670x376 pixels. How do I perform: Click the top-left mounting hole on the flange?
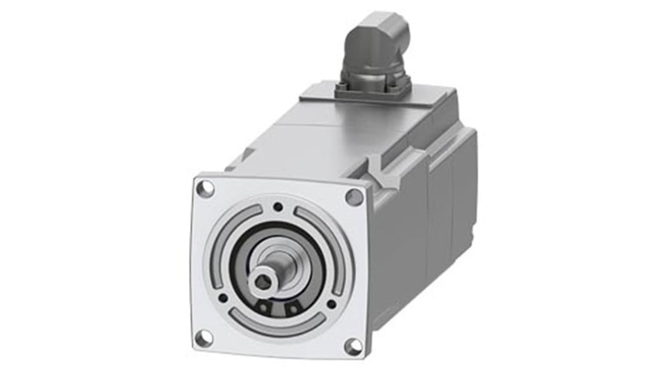point(205,189)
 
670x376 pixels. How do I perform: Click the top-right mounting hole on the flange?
point(354,197)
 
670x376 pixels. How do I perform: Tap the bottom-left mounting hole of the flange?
point(204,338)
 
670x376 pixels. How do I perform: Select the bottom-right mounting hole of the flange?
point(353,347)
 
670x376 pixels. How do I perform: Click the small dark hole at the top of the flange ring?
point(278,206)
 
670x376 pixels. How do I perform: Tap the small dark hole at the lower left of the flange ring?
point(223,297)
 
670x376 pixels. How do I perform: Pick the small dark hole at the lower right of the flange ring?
point(332,304)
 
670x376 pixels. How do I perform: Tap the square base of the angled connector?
point(373,88)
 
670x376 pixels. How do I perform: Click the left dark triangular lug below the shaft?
point(262,307)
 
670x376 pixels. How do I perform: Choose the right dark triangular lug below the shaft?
point(293,309)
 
